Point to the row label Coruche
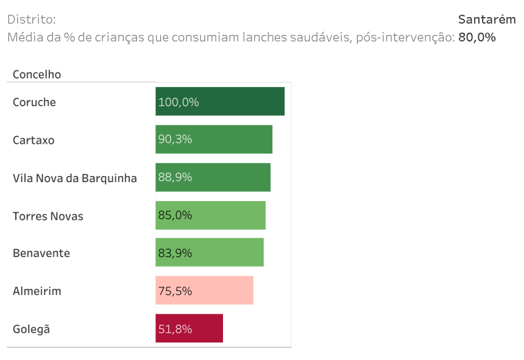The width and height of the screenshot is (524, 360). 34,102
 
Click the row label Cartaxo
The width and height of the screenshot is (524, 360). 34,140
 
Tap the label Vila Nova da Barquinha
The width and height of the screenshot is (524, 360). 74,178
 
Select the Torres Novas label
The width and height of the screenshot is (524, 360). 48,216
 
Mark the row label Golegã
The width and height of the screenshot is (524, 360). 31,330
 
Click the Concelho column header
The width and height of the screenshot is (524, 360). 37,74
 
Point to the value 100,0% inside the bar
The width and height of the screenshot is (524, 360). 179,102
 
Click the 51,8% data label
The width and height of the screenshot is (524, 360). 175,329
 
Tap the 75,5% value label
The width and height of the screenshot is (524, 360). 175,291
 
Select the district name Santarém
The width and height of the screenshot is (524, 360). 487,19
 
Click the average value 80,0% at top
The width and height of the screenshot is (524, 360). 476,37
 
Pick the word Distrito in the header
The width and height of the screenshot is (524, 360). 31,19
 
